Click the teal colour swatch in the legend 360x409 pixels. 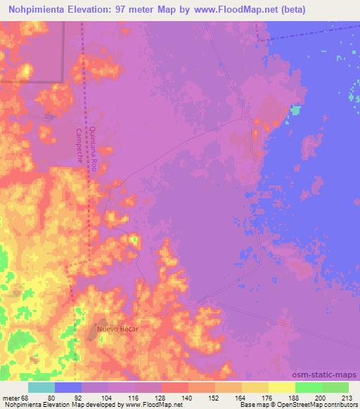click(x=41, y=387)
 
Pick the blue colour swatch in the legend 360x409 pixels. click(x=68, y=387)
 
